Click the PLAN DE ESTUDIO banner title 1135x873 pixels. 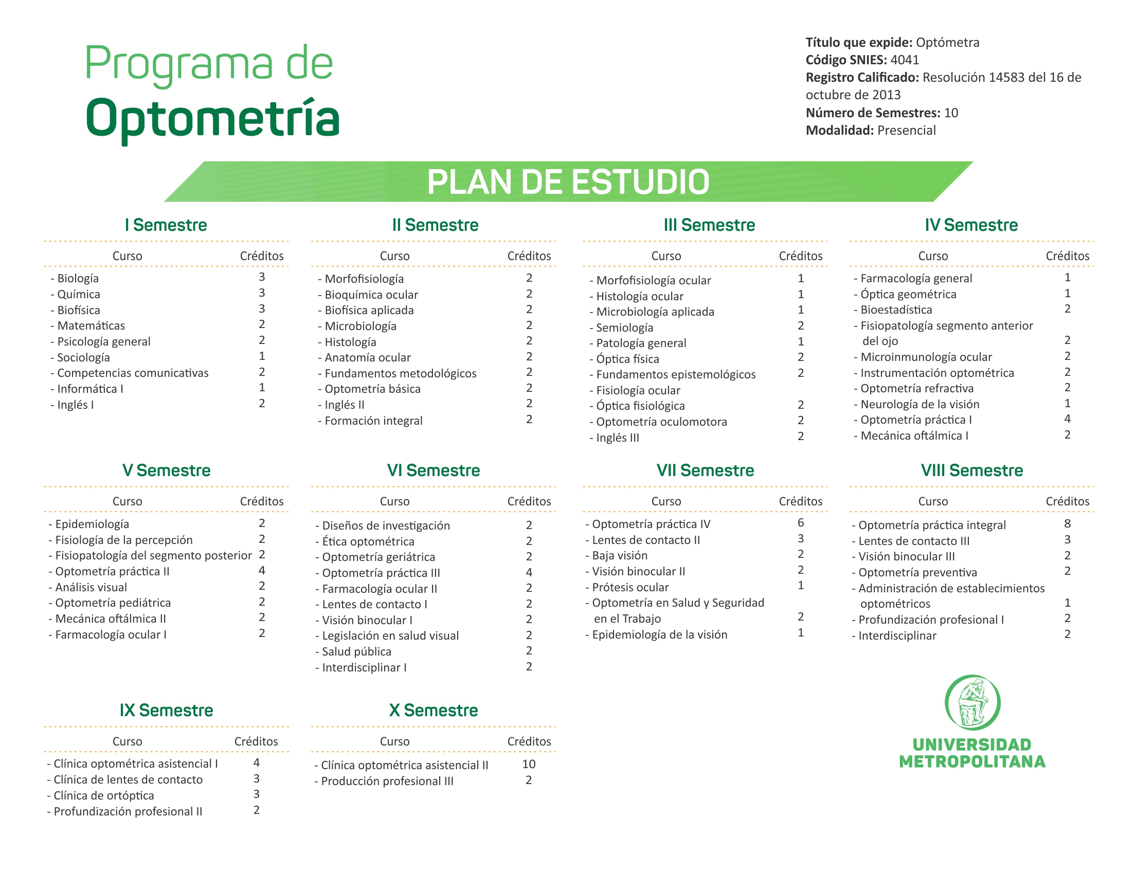pyautogui.click(x=568, y=182)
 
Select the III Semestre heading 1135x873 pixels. pyautogui.click(x=709, y=225)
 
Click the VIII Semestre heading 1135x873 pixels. pyautogui.click(x=972, y=470)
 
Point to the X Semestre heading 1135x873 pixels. pyautogui.click(x=434, y=711)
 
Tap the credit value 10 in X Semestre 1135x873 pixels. pyautogui.click(x=529, y=764)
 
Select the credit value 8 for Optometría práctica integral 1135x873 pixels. pyautogui.click(x=1068, y=523)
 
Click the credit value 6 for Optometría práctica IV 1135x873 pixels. pyautogui.click(x=801, y=523)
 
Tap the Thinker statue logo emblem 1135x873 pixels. pyautogui.click(x=972, y=702)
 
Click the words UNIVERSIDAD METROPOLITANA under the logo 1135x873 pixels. pyautogui.click(x=972, y=753)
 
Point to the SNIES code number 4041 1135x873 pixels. pyautogui.click(x=905, y=60)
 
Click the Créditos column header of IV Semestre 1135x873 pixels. pyautogui.click(x=1068, y=256)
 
